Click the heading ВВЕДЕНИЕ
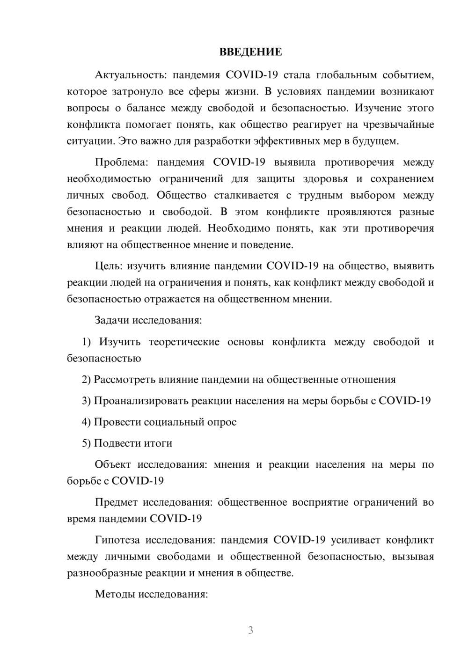[250, 52]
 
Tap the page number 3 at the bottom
[250, 630]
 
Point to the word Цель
[109, 266]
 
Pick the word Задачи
[112, 321]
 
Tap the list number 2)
[87, 379]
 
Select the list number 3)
[87, 400]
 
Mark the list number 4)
[87, 422]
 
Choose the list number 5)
[87, 443]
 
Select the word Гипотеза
[117, 540]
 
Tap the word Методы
[112, 594]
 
